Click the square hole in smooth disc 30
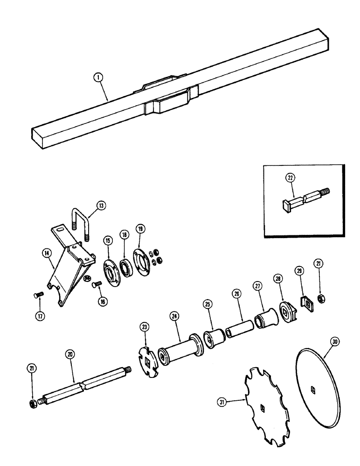(x=311, y=387)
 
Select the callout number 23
(x=145, y=328)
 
